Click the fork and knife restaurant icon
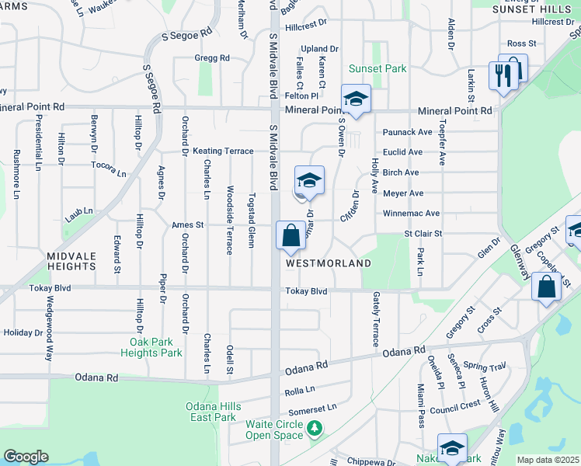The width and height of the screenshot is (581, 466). coord(502,75)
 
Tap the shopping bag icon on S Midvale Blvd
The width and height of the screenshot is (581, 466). coord(290,235)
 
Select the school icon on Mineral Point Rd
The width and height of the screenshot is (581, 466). coord(357,99)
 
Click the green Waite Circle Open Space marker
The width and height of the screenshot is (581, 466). coord(314,428)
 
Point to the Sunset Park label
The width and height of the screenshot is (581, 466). coord(377,69)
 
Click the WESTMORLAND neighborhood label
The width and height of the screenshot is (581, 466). coord(328,263)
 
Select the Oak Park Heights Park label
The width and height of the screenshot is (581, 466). coord(151,347)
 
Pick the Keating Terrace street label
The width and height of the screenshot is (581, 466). coord(223,151)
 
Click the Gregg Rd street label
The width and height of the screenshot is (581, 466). coord(213,58)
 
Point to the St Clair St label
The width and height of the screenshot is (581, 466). coord(423,233)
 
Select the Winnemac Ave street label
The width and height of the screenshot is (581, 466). coord(411,213)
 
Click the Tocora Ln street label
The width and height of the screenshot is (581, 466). coord(108,168)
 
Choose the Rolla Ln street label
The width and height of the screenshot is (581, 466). coord(300,389)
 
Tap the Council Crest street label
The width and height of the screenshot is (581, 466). coord(455,406)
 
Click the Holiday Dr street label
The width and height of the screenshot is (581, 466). coord(23,332)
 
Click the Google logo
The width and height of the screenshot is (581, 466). coord(26,457)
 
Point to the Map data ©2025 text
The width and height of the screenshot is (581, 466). coord(548,460)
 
